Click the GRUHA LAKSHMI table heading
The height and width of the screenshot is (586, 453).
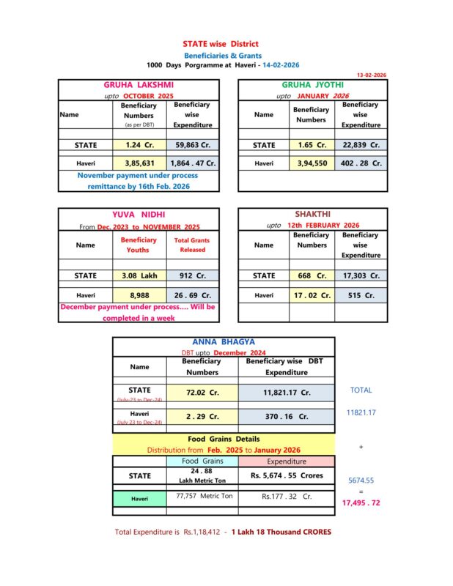click(x=138, y=85)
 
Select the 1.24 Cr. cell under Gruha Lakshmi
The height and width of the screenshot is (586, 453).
click(x=139, y=145)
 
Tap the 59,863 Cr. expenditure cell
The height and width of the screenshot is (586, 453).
click(x=194, y=145)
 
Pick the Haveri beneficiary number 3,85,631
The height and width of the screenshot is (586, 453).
click(x=139, y=163)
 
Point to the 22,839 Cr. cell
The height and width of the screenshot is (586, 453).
click(x=360, y=145)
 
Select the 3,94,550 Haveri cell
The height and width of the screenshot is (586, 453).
click(x=312, y=163)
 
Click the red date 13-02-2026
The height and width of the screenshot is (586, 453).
click(x=371, y=75)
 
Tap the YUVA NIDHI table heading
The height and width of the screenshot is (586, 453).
click(x=138, y=215)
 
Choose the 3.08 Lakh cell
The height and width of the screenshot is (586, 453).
click(x=139, y=275)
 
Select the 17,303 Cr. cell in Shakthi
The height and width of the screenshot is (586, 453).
click(x=359, y=275)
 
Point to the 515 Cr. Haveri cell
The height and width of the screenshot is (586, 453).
click(x=359, y=295)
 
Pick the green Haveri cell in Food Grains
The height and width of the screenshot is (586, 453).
click(x=139, y=499)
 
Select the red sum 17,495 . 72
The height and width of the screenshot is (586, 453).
click(x=361, y=503)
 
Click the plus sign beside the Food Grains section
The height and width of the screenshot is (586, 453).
click(x=361, y=446)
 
